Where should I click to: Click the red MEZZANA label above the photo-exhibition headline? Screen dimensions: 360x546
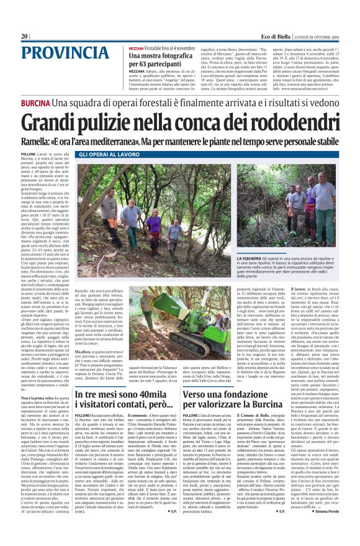[x=137, y=48]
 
